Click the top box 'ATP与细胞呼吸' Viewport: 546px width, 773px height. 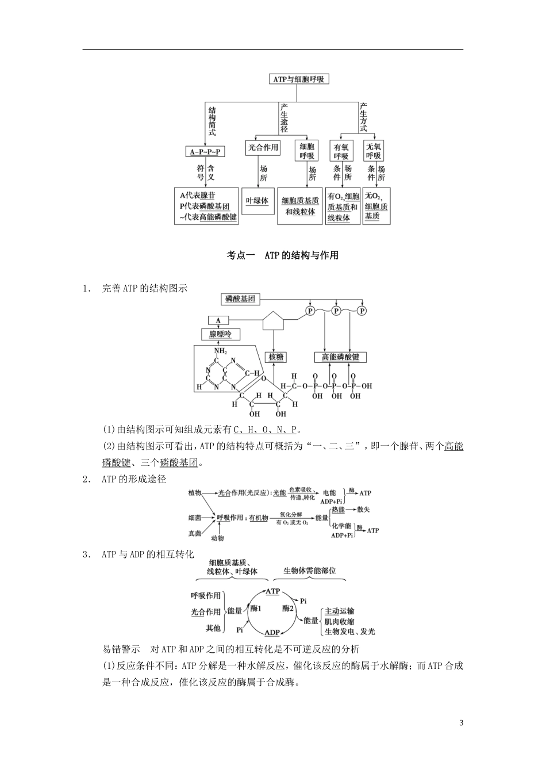299,79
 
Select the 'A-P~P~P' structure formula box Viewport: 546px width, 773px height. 205,152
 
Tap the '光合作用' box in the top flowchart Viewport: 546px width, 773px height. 263,148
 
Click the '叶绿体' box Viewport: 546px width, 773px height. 257,201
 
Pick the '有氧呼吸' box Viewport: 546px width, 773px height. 341,151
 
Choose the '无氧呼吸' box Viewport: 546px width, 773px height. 373,151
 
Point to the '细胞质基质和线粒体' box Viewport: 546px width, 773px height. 300,206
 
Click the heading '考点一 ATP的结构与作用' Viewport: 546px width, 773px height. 282,255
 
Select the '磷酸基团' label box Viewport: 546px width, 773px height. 240,299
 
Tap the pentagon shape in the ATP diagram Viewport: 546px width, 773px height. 273,321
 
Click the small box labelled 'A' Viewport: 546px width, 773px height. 218,320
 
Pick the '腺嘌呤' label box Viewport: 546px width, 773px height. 221,334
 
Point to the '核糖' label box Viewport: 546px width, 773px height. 276,357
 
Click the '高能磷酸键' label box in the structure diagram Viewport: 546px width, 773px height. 340,357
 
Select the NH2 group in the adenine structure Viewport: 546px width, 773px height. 220,351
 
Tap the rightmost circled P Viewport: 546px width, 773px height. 362,311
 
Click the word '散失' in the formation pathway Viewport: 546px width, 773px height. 363,510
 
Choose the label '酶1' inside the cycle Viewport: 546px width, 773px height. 256,608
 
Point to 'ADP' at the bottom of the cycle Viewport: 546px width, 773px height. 272,632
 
